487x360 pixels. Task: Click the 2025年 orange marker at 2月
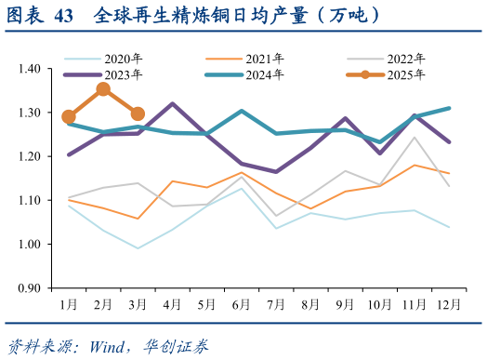pos(103,90)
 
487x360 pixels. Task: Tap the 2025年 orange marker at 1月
pos(69,117)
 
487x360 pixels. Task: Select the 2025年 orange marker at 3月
pos(138,113)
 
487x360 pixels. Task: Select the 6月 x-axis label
pos(242,304)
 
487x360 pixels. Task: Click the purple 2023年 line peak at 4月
pos(173,104)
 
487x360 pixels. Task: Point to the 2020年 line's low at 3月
pos(138,248)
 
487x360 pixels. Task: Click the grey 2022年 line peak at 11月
pos(415,138)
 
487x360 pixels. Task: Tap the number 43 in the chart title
pos(64,15)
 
